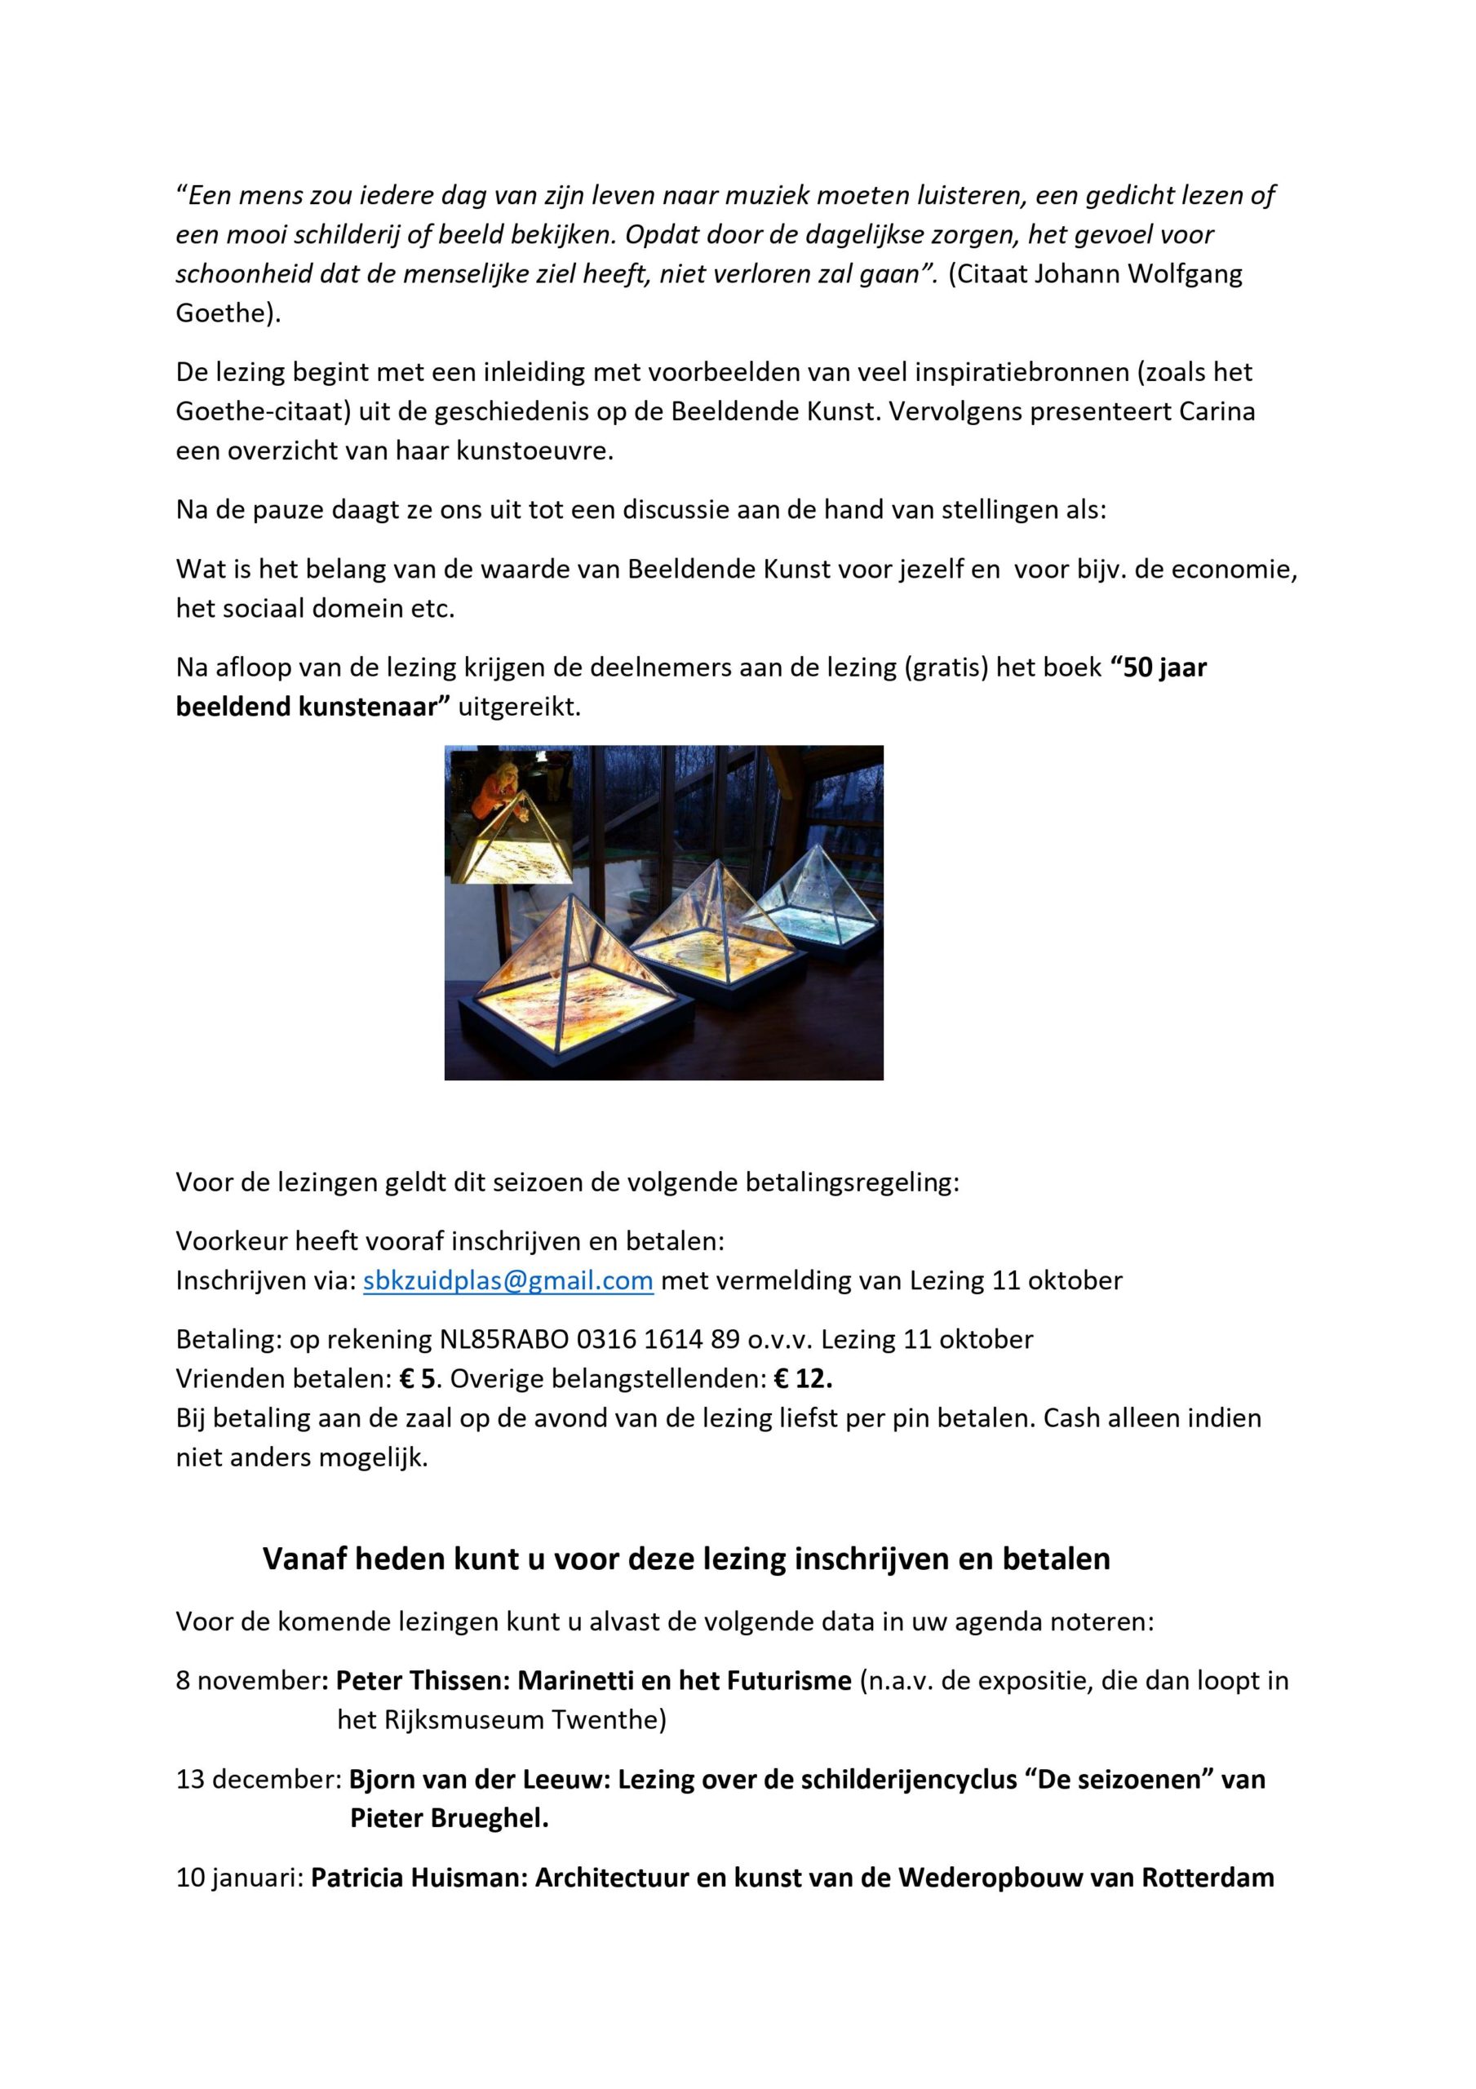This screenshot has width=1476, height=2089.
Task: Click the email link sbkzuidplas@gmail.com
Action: (508, 1281)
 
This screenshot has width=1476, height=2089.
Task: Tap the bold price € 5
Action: (417, 1379)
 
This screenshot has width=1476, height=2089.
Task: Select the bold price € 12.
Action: (803, 1379)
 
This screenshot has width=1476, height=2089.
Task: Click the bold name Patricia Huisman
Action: (415, 1878)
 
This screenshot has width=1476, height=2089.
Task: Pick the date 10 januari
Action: (238, 1878)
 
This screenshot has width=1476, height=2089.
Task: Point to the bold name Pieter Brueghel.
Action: (449, 1819)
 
